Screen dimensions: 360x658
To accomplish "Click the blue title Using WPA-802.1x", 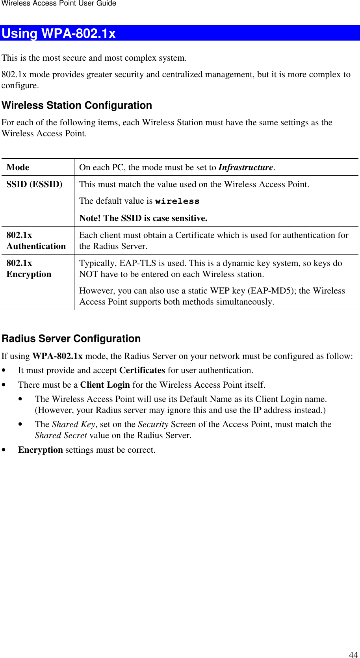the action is [59, 33].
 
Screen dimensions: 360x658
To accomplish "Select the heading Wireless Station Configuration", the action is [77, 106].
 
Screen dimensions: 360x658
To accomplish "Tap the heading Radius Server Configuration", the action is [71, 339].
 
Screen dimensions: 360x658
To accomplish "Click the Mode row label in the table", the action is [18, 167].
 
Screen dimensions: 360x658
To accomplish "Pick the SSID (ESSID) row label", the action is [34, 184].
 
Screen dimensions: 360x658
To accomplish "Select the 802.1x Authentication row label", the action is [36, 241].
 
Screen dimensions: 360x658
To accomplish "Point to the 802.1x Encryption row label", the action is [29, 269].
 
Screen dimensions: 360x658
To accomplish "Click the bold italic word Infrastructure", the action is [246, 167].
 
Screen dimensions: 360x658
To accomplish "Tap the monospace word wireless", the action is [177, 201].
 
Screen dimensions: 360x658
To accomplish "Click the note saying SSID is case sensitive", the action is [143, 218].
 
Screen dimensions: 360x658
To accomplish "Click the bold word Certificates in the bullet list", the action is [142, 370].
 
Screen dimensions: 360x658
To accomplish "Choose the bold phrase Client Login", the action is [105, 385].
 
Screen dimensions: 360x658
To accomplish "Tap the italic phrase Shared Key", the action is [73, 424].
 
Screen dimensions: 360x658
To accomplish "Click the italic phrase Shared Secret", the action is [61, 435].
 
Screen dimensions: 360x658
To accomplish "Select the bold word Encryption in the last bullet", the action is [41, 450].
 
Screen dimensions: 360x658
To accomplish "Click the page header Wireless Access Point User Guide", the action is [58, 4].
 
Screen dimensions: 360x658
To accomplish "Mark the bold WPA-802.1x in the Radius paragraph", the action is [58, 356].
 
